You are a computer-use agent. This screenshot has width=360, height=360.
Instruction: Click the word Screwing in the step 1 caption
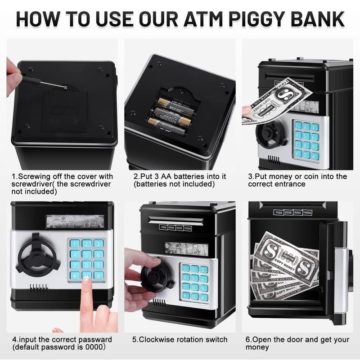pos(31,176)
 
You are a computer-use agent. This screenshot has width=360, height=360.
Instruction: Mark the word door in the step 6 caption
pos(302,339)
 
